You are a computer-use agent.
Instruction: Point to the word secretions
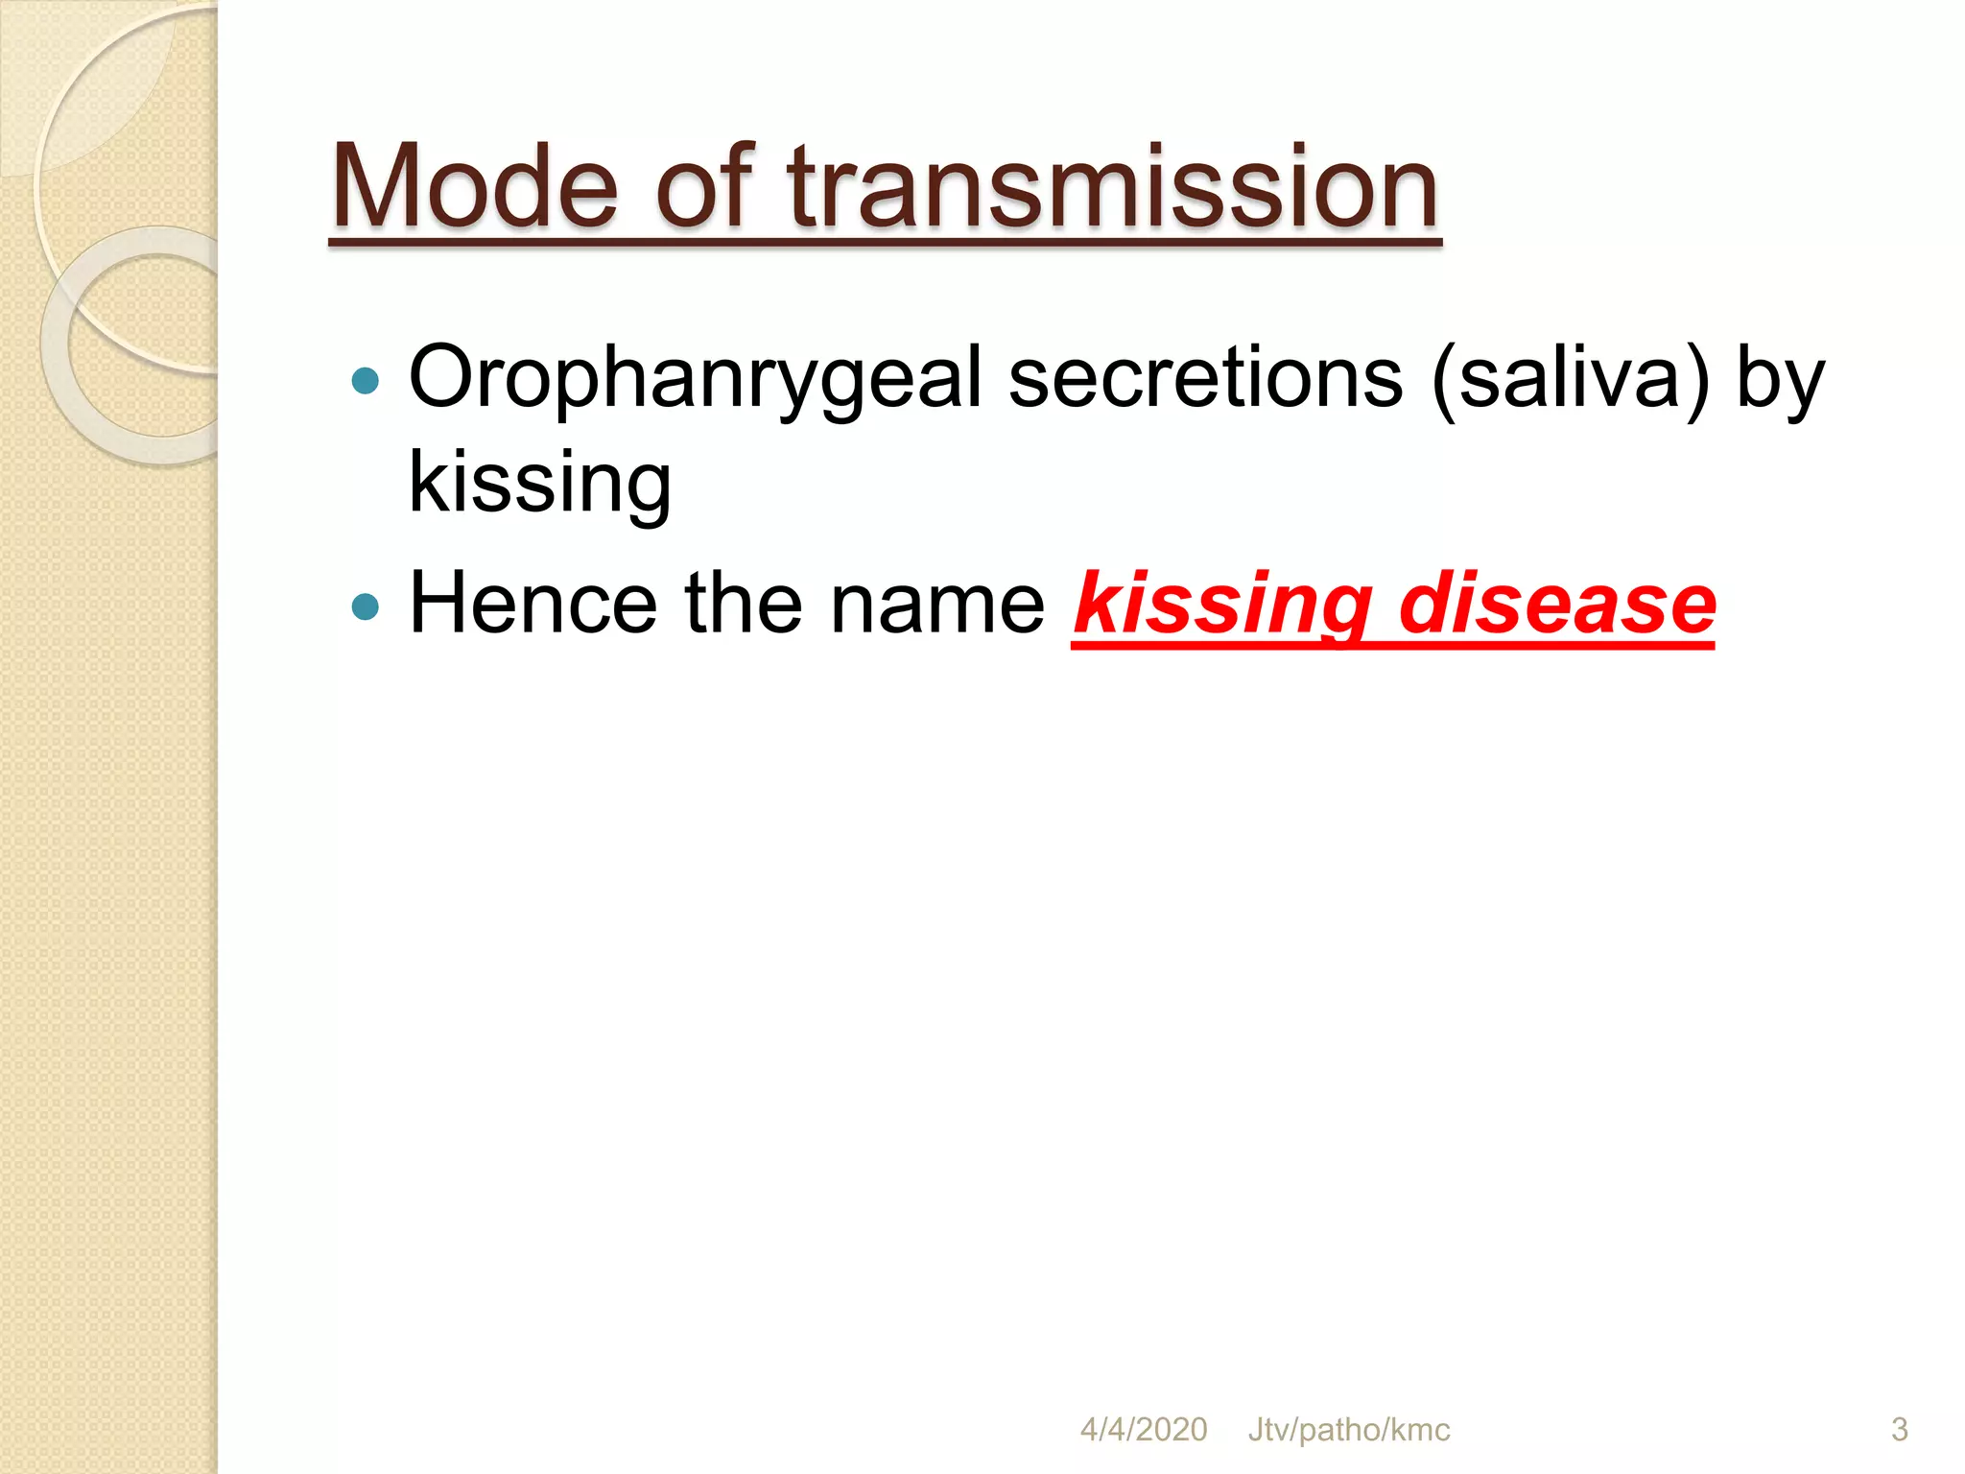pos(1206,378)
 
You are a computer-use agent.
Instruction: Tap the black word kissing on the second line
pos(540,483)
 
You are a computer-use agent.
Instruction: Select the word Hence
pos(533,604)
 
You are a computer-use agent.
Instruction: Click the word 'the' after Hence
pos(744,604)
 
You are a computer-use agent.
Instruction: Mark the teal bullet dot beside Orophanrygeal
pos(366,382)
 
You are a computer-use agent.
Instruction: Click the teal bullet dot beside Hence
pos(366,606)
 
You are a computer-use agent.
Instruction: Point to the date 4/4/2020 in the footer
pos(1143,1430)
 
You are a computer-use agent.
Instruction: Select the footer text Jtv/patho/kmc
pos(1348,1430)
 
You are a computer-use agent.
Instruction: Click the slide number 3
pos(1899,1430)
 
